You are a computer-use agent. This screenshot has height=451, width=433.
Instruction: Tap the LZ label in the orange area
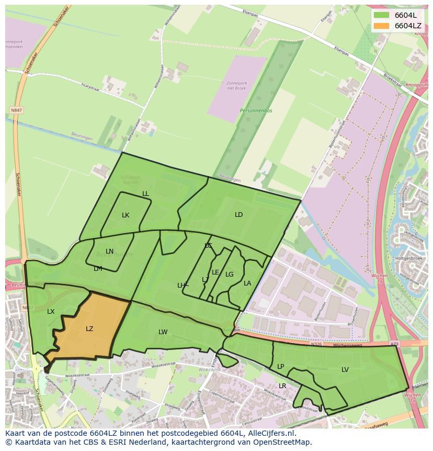pos(89,329)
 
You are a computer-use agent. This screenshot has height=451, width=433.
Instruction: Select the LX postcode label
pos(51,312)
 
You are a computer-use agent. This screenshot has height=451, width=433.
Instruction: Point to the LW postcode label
pos(163,332)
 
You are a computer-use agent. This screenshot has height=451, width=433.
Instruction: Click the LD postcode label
pos(239,215)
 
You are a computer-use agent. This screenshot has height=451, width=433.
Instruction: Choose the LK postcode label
pos(126,215)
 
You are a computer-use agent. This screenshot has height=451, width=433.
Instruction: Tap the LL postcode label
pos(145,194)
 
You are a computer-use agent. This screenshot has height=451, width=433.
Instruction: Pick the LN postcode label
pos(109,251)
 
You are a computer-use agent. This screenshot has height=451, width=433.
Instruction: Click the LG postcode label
pos(230,274)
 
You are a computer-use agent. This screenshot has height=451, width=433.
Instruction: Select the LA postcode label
pos(247,283)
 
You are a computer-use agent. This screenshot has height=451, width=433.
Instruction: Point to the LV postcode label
pos(345,370)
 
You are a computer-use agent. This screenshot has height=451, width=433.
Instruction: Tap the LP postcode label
pos(281,367)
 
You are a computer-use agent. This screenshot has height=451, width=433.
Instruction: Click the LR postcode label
pos(282,386)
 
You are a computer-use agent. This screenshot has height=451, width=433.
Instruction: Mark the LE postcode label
pos(215,272)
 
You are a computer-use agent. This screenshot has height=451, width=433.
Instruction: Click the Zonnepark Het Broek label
pos(236,85)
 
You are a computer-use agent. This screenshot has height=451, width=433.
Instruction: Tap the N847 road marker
pos(16,111)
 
